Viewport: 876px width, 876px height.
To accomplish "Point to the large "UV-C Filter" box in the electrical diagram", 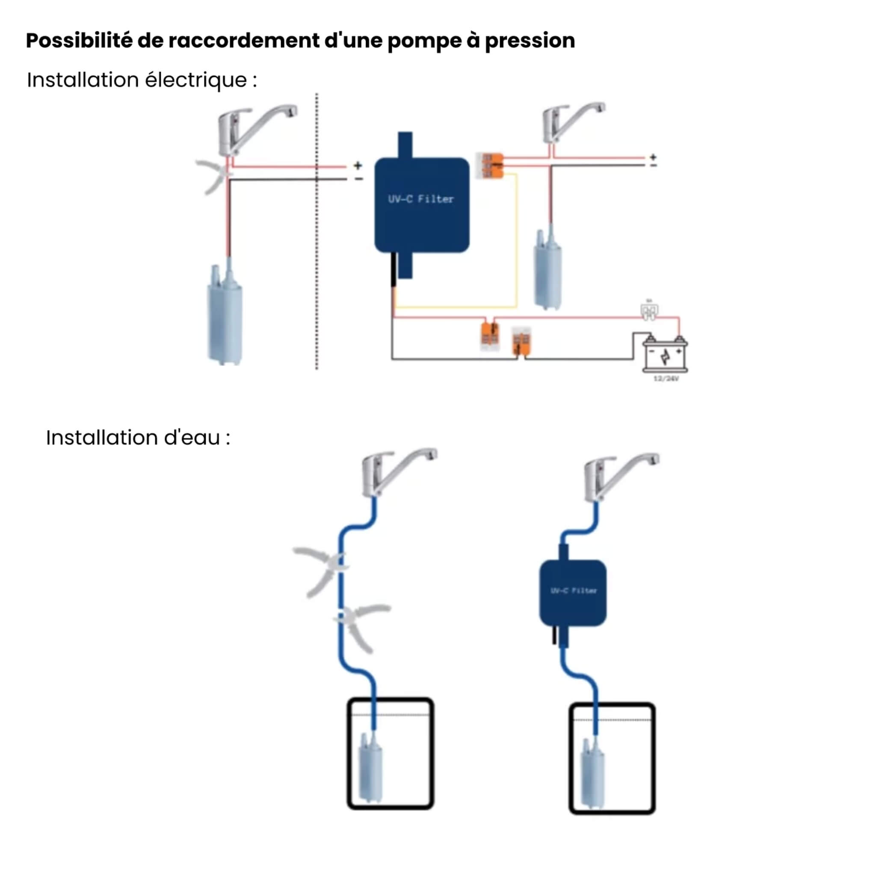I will click(422, 204).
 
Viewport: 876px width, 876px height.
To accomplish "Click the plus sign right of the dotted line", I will click(358, 165).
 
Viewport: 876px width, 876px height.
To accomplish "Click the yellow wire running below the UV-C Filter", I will click(456, 307).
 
